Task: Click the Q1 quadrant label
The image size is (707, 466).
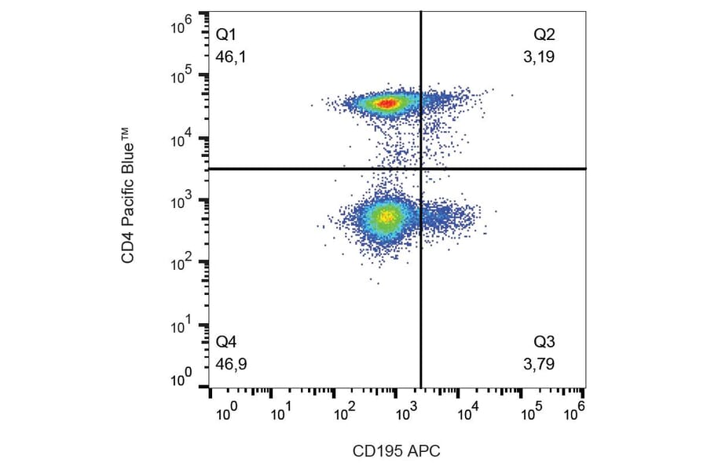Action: pos(225,35)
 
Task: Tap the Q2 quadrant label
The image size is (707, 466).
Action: pos(544,35)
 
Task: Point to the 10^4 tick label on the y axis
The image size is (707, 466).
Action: pos(182,139)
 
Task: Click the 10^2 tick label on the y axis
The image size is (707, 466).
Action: pos(182,264)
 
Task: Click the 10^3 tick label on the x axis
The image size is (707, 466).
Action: pos(405,410)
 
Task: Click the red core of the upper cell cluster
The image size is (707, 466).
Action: pos(386,103)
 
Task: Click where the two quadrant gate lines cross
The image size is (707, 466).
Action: pos(422,169)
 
